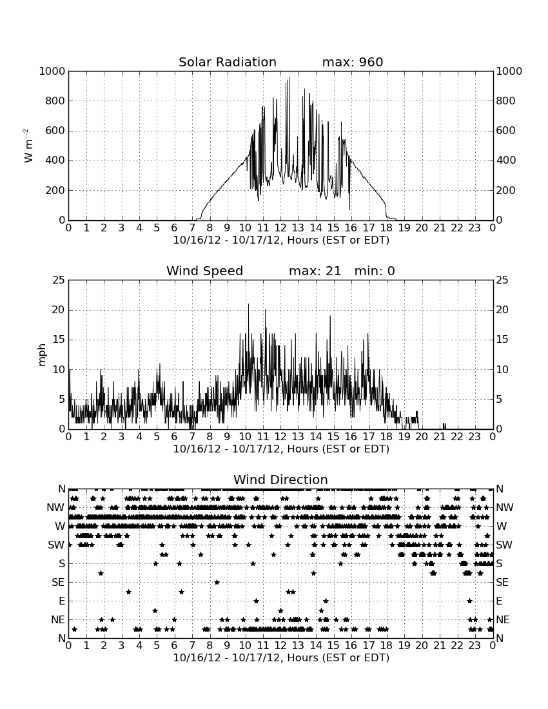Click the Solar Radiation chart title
(x=228, y=62)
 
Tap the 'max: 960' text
(x=353, y=62)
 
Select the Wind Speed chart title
(x=205, y=271)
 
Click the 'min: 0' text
(x=375, y=271)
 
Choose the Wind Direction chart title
(x=280, y=480)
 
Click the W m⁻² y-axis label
(x=28, y=146)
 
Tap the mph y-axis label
(x=42, y=354)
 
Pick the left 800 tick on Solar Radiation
(x=55, y=101)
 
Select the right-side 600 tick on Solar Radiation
(x=506, y=131)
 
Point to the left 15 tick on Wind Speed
(x=59, y=340)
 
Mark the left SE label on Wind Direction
(x=58, y=583)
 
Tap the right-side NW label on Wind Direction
(x=505, y=508)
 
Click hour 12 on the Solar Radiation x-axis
(x=280, y=228)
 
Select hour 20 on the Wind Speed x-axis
(x=422, y=437)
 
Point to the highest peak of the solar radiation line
(x=289, y=77)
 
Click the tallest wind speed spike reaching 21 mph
(x=248, y=304)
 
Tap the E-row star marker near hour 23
(x=469, y=601)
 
